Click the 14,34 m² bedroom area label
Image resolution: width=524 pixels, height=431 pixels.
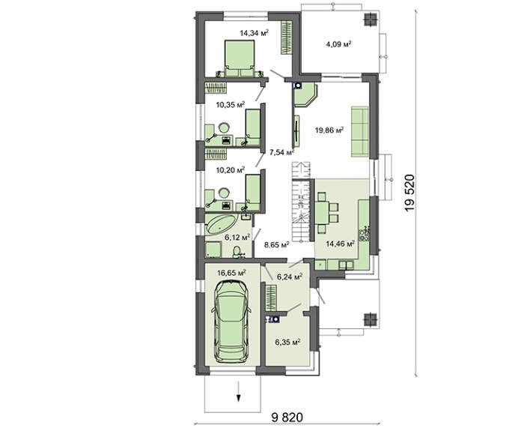[x=255, y=33]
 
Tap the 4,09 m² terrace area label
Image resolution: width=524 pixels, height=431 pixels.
[x=338, y=43]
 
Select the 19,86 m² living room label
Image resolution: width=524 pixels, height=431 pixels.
[x=329, y=130]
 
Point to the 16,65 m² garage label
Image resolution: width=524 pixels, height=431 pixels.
[x=231, y=273]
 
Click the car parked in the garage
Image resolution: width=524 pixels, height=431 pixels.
[x=231, y=322]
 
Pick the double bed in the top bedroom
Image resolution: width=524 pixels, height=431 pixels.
[x=240, y=58]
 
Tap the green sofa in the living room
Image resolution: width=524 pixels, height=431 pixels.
[x=359, y=131]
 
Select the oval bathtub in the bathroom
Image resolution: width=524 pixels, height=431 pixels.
[x=222, y=224]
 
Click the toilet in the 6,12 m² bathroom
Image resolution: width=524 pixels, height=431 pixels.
[x=237, y=253]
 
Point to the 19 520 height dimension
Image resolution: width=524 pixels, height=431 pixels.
[x=409, y=193]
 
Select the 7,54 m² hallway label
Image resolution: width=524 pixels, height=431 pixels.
[x=281, y=153]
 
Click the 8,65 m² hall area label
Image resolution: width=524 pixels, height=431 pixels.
[x=276, y=244]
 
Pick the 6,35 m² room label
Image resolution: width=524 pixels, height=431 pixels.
[x=287, y=342]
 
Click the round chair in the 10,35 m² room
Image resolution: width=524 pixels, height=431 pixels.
[x=224, y=128]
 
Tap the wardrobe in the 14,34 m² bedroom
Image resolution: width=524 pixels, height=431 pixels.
[x=286, y=37]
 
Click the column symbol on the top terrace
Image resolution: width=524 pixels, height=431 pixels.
[x=370, y=19]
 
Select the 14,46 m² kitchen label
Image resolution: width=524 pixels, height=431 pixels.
[x=340, y=244]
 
